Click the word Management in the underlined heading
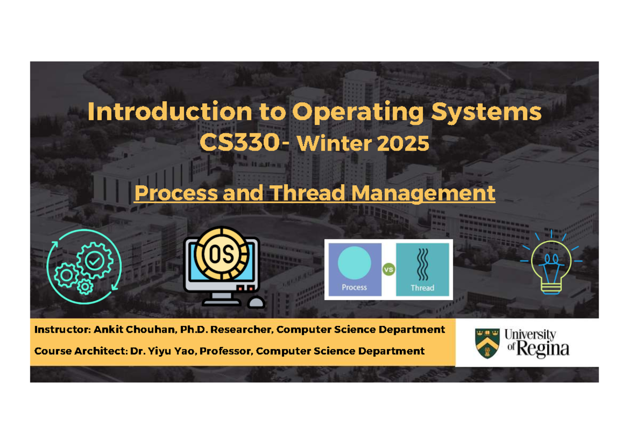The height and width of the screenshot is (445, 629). (423, 193)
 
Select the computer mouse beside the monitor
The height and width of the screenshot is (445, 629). (256, 302)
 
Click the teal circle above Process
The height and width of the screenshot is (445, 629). (354, 262)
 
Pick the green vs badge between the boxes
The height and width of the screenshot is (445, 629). (388, 270)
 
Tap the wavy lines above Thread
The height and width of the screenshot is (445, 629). (422, 264)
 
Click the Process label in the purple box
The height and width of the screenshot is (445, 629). (354, 287)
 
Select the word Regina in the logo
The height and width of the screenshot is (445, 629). (543, 349)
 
